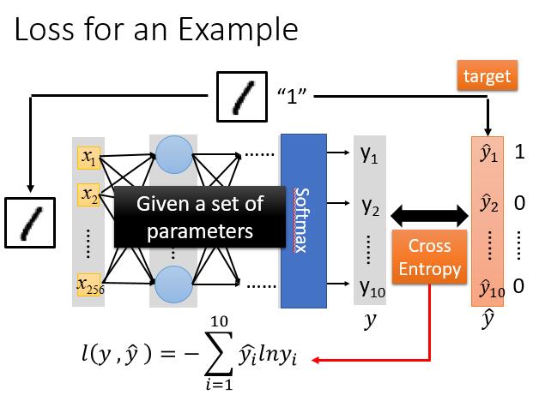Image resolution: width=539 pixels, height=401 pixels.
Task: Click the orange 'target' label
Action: tap(487, 77)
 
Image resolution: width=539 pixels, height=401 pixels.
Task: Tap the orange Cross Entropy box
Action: tap(429, 258)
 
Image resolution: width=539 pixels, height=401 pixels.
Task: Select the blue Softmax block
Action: tap(303, 220)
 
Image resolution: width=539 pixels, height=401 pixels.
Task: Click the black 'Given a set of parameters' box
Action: tap(200, 218)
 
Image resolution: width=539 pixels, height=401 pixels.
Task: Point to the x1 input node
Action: tap(89, 158)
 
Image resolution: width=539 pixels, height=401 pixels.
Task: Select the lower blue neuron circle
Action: tap(173, 284)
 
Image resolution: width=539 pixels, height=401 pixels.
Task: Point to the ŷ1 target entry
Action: tap(488, 155)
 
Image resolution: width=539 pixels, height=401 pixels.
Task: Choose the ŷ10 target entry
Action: tap(489, 286)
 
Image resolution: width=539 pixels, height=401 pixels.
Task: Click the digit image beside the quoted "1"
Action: tap(239, 95)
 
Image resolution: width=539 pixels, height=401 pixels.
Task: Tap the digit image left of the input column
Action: tap(32, 220)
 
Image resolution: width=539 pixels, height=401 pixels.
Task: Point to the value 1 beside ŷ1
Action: tap(519, 154)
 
